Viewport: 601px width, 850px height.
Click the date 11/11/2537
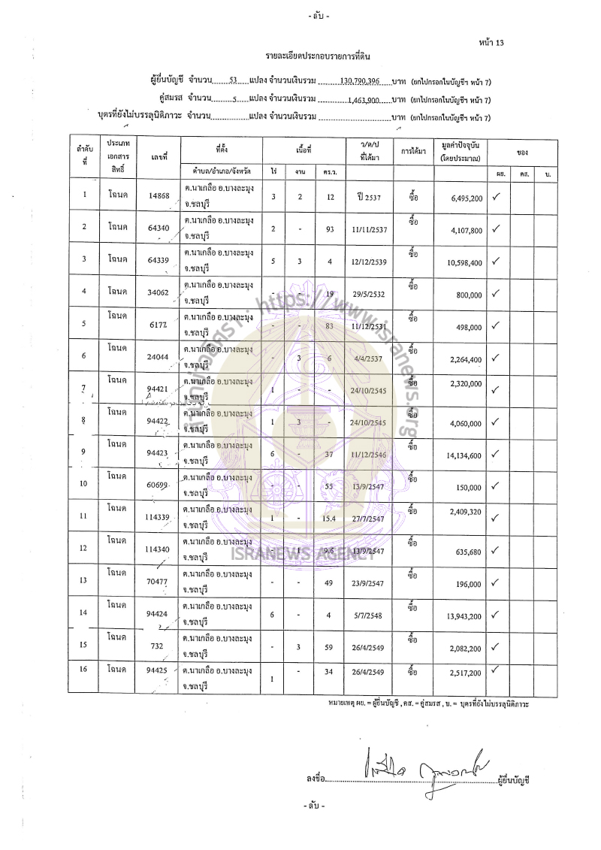(x=367, y=228)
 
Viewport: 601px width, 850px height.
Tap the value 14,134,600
(x=459, y=455)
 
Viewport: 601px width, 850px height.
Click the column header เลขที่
(x=159, y=154)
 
